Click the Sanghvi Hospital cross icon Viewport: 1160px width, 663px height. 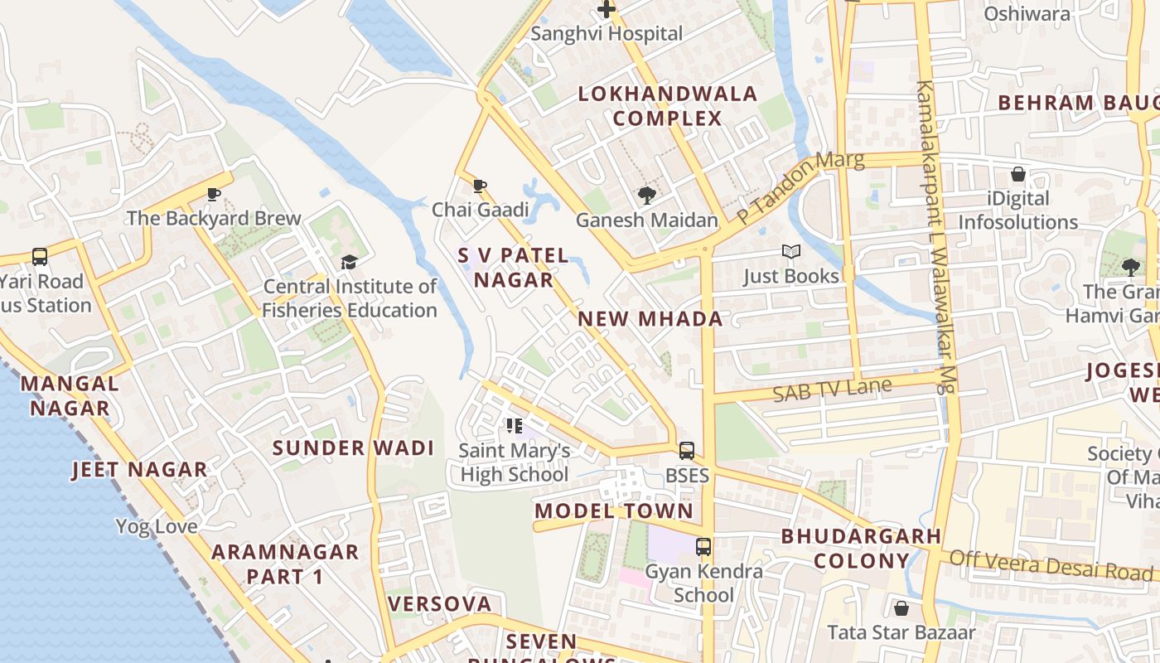(607, 10)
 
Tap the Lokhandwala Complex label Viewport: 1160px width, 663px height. (668, 106)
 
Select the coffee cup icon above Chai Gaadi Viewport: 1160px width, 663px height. (479, 186)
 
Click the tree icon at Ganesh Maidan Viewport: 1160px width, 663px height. (646, 196)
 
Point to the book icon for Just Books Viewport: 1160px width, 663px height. (791, 252)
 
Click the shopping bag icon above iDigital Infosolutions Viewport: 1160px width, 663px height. (1018, 175)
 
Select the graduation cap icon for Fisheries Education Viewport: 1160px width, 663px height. (349, 263)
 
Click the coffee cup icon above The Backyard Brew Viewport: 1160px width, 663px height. (214, 195)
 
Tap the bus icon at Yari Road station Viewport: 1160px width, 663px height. (39, 257)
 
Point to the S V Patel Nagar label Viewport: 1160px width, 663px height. (514, 268)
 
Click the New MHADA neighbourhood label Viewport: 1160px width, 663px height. (650, 319)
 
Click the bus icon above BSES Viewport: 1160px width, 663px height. (687, 451)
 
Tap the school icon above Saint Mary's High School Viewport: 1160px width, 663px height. (515, 427)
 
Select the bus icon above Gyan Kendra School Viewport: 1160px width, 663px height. (703, 547)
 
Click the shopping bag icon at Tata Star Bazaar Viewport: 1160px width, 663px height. (901, 609)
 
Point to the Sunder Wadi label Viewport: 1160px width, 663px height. (354, 448)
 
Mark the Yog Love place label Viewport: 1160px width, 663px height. (157, 526)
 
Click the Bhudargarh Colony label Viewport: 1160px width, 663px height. (862, 549)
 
